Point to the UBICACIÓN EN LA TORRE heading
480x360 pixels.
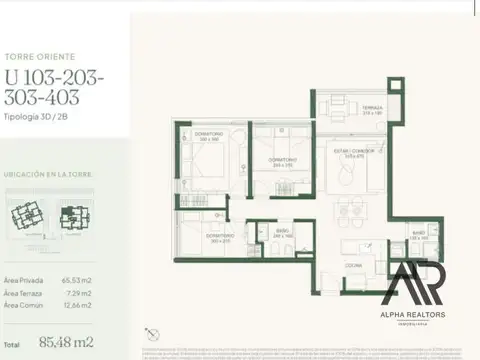coord(48,175)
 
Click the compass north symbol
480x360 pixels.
coord(152,333)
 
